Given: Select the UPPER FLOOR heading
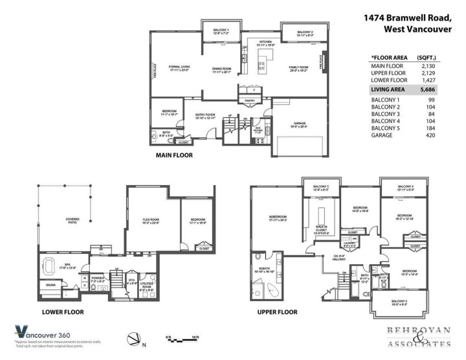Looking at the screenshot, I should pyautogui.click(x=278, y=311).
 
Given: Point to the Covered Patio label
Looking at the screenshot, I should pyautogui.click(x=72, y=221).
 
